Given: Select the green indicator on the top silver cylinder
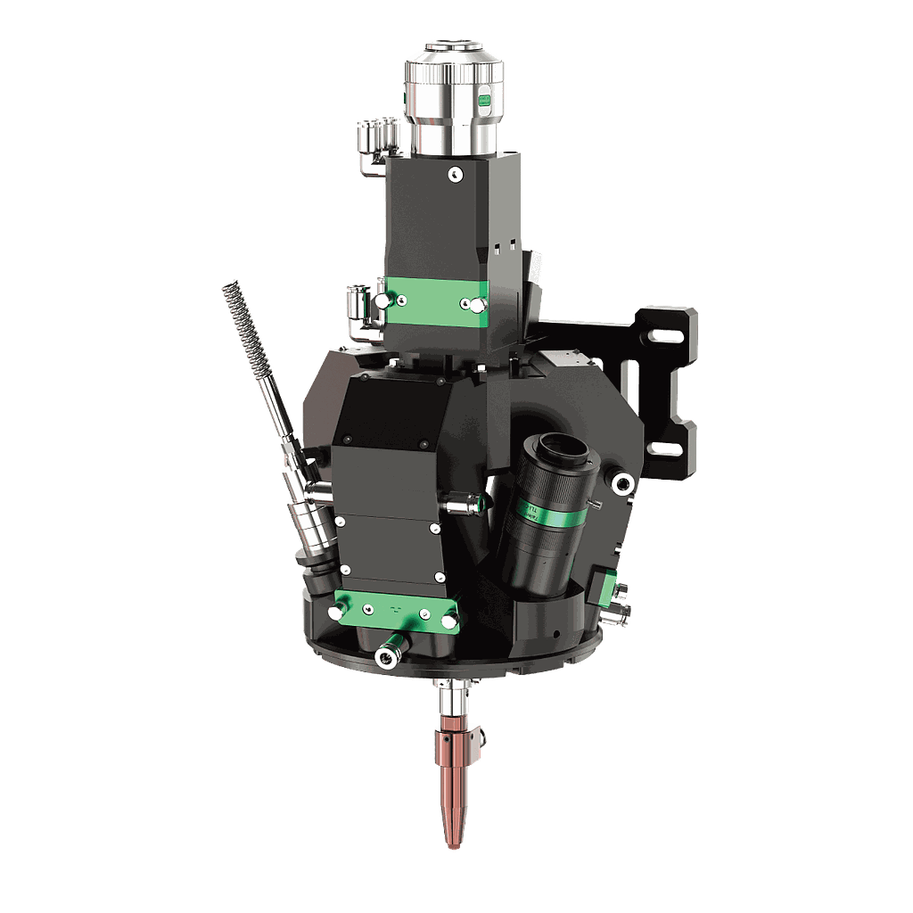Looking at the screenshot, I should tap(485, 101).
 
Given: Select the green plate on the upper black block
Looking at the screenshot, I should tap(436, 301).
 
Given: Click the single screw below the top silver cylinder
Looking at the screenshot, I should tap(455, 173).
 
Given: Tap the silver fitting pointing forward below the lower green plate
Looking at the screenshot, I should tap(386, 658).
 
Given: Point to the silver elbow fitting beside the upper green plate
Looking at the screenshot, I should tap(362, 312).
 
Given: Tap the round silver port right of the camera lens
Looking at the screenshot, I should tap(621, 482).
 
